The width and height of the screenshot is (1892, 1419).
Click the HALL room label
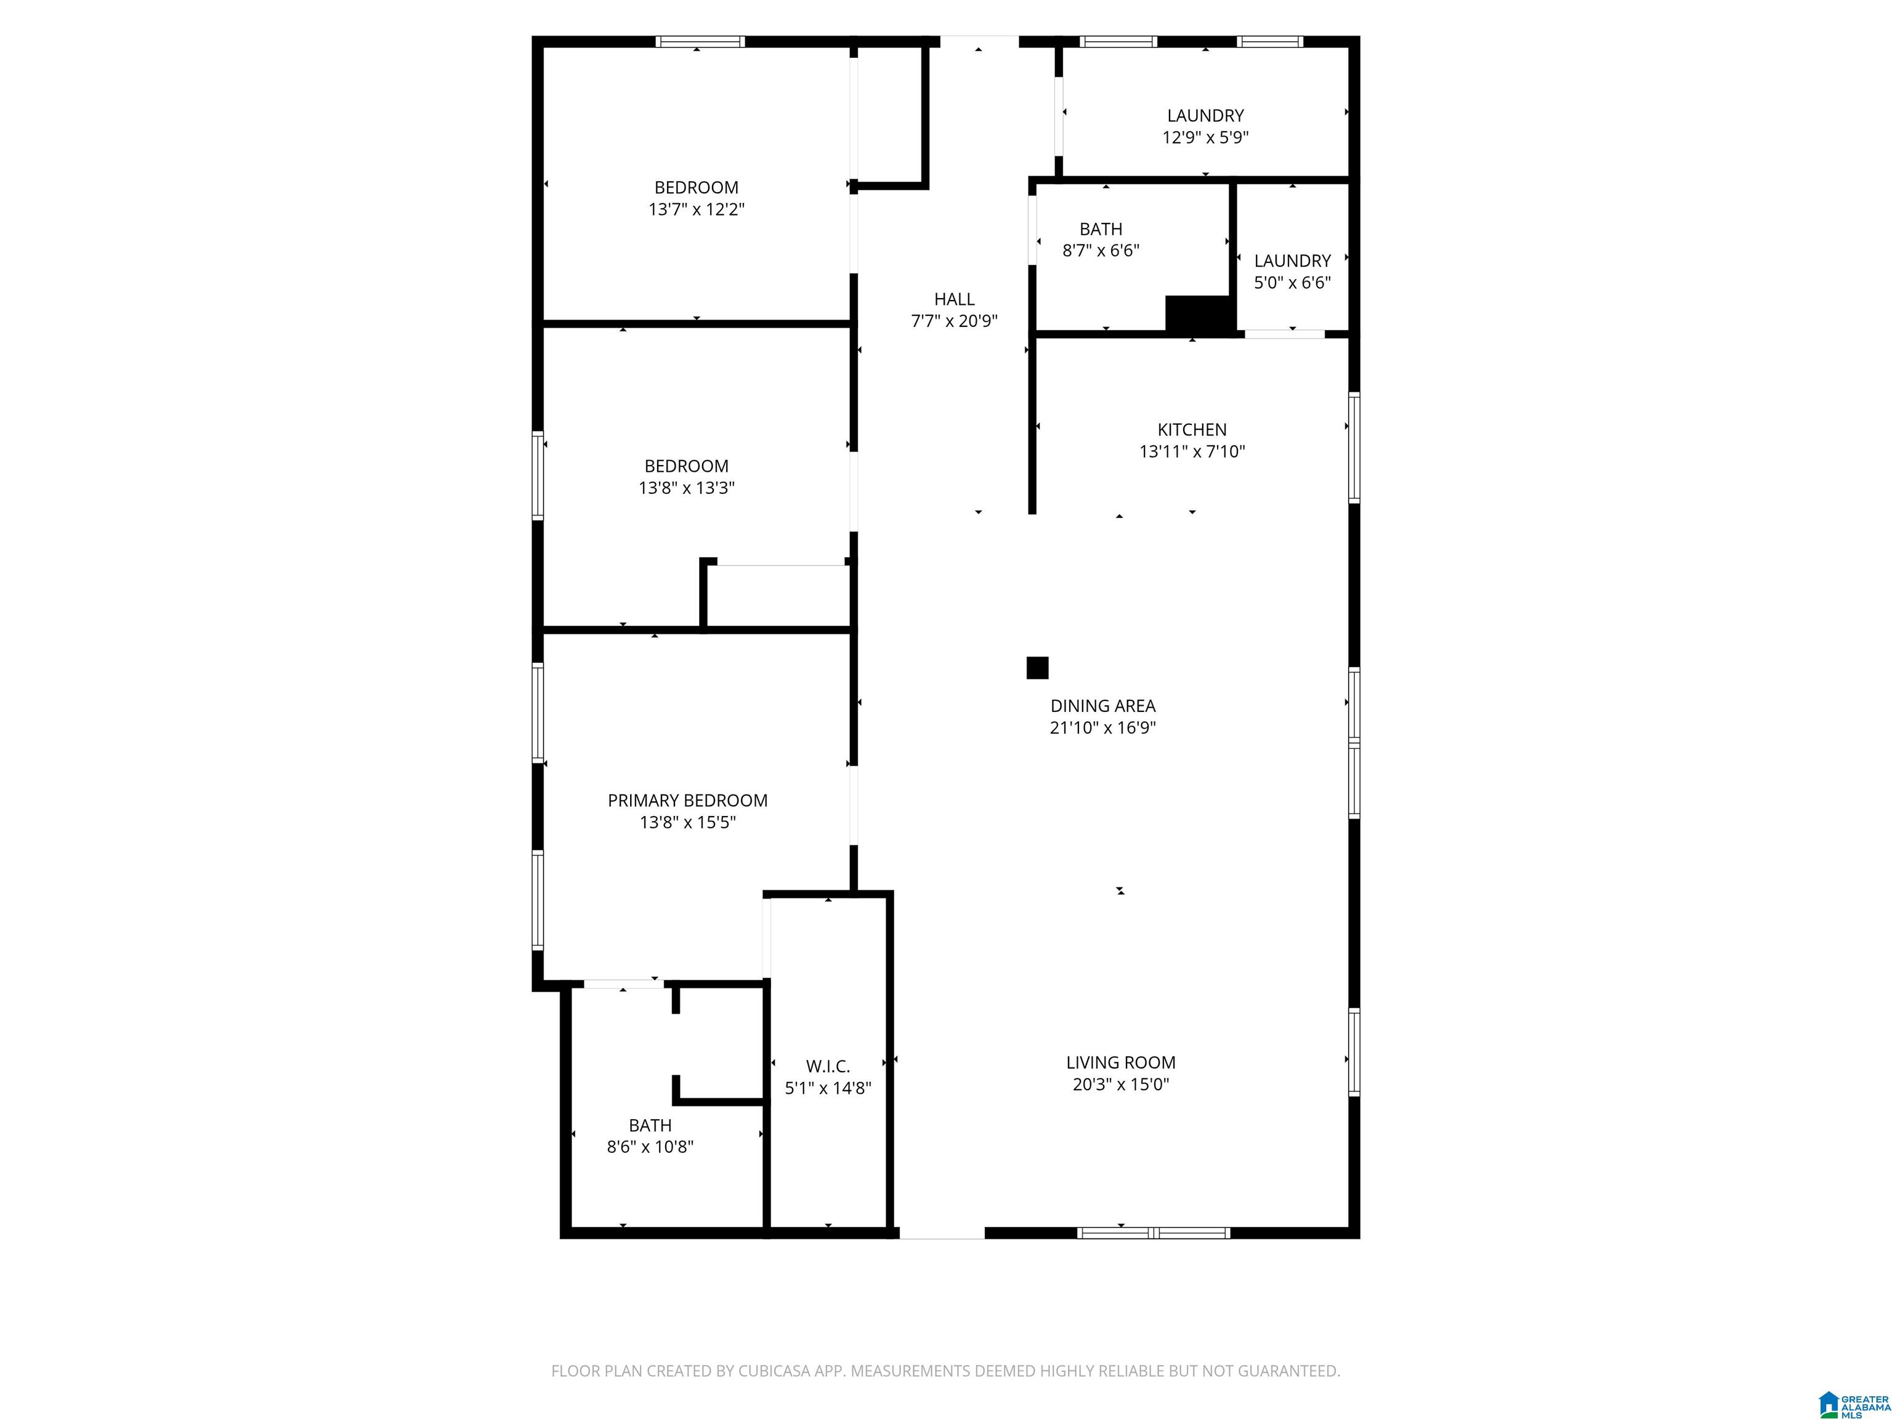(x=953, y=299)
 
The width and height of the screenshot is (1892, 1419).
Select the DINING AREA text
(x=1102, y=706)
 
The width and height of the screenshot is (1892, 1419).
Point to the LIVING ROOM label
(x=1120, y=1063)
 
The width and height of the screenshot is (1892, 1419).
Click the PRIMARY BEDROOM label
(x=688, y=801)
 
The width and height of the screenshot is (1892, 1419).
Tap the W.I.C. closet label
(x=828, y=1067)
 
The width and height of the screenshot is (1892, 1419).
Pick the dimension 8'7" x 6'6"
(x=1101, y=251)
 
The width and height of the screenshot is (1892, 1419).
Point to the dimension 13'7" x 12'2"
(x=696, y=209)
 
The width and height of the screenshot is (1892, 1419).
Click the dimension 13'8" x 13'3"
(x=686, y=488)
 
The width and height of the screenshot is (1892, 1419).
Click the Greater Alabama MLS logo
(x=1854, y=1404)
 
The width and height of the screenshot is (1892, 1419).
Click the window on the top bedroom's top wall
(x=700, y=42)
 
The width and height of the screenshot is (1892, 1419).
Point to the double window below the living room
(x=1154, y=1232)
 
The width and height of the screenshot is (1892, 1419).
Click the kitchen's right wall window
(x=1354, y=447)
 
